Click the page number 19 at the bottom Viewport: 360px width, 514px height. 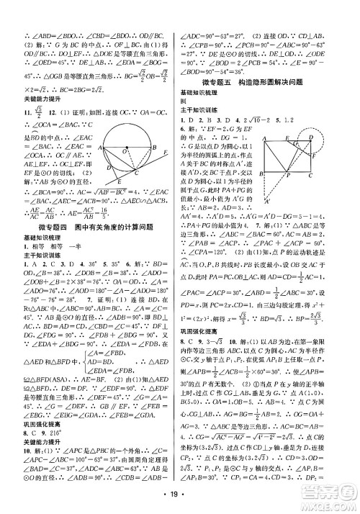click(x=180, y=496)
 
